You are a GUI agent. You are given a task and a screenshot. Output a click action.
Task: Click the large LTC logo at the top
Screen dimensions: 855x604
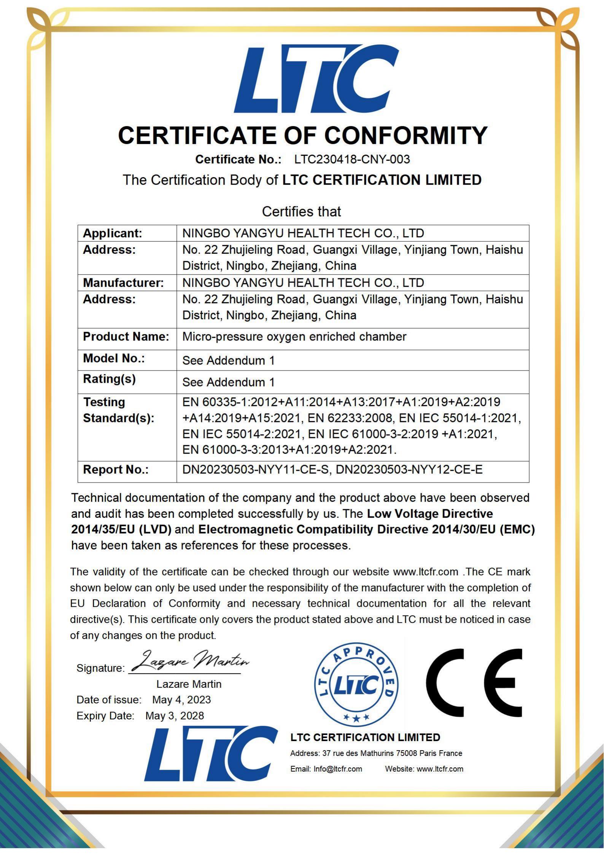click(316, 79)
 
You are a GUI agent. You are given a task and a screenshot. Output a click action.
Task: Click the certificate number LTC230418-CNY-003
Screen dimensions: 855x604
click(352, 159)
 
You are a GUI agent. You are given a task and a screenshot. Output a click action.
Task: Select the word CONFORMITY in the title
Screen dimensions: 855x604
click(405, 135)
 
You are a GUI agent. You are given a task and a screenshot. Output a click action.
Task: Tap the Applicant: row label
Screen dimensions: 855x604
click(112, 233)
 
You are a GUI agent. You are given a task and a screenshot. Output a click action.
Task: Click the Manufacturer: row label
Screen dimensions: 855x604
click(123, 283)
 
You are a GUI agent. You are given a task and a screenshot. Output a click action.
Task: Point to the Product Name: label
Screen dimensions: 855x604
click(126, 337)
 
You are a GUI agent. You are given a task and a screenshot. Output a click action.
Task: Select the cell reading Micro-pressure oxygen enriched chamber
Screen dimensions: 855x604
click(294, 337)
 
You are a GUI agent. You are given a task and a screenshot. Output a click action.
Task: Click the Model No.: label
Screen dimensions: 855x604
click(114, 358)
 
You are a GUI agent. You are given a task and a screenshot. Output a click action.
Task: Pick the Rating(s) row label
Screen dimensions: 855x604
click(109, 379)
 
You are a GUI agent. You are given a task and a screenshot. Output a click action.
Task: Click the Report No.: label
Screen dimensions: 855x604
click(116, 470)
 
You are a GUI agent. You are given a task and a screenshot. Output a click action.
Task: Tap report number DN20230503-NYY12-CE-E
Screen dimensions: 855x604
click(409, 470)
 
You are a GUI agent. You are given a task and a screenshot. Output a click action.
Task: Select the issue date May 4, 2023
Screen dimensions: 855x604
click(181, 700)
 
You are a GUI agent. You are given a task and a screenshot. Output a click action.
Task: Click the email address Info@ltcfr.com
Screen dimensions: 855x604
click(337, 769)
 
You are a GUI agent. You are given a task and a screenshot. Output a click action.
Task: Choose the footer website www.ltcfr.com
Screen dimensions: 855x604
click(440, 769)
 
